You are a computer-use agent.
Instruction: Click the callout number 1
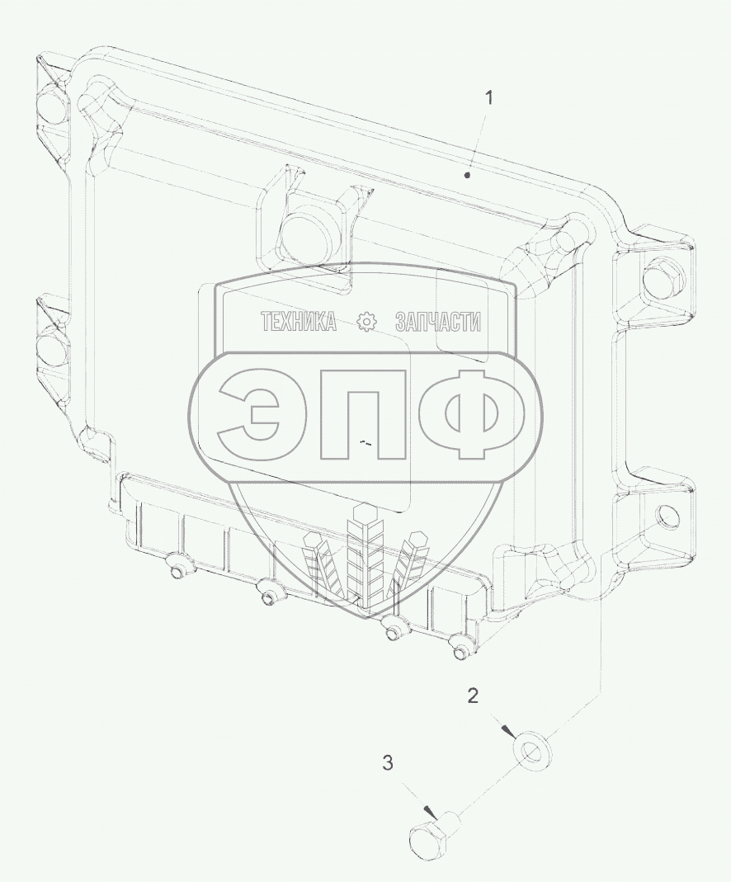(489, 98)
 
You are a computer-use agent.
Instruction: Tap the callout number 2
(473, 696)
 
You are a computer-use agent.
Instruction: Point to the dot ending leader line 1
(467, 176)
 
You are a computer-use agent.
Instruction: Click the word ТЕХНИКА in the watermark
(299, 323)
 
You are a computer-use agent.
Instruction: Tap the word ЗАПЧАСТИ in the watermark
(438, 323)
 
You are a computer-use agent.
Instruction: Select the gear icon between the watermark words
(366, 323)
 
